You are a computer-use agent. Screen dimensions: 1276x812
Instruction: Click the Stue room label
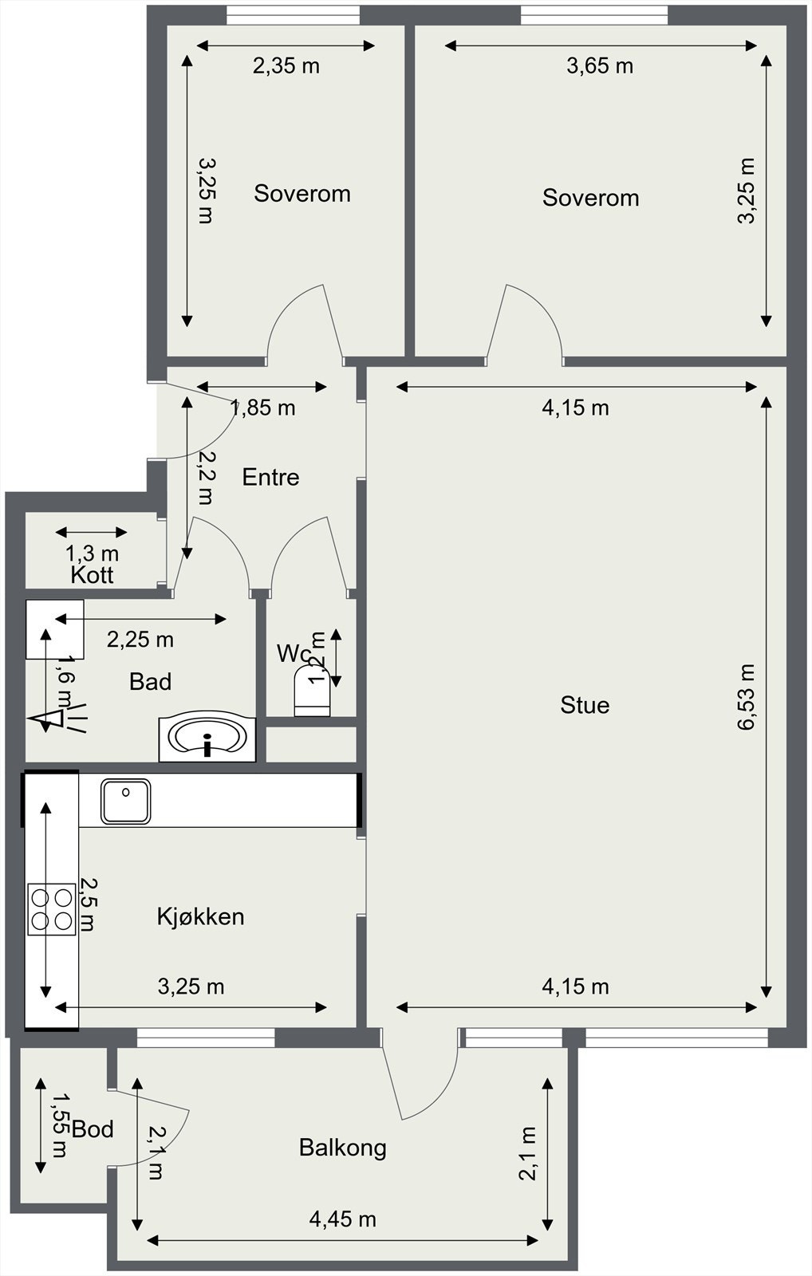[585, 705]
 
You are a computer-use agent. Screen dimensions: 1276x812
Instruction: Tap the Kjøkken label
[200, 916]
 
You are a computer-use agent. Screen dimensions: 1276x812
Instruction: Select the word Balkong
[342, 1148]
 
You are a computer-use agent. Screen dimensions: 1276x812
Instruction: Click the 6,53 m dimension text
[745, 697]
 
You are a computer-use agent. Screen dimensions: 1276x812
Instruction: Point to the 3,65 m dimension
[600, 66]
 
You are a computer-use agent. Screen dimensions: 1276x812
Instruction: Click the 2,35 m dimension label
[286, 66]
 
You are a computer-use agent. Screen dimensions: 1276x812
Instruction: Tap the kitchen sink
[125, 801]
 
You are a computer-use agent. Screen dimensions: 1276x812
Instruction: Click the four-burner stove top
[52, 909]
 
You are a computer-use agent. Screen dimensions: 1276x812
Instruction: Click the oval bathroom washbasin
[207, 737]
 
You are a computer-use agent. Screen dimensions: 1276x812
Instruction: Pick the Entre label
[270, 478]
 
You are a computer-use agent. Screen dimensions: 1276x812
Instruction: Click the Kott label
[92, 575]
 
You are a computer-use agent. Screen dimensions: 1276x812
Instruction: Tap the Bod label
[93, 1129]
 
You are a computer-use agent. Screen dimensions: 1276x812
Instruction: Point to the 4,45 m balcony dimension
[342, 1219]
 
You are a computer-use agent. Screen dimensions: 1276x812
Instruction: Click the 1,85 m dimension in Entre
[263, 408]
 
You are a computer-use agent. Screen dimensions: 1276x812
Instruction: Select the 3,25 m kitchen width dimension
[191, 987]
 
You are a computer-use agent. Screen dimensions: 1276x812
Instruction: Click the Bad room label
[150, 682]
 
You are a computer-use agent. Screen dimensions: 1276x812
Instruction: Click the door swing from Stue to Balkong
[423, 1077]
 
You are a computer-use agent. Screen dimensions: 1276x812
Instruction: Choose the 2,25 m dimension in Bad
[140, 640]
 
